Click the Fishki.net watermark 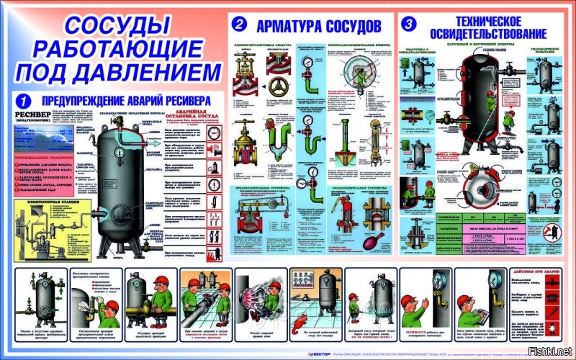pos(552,351)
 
